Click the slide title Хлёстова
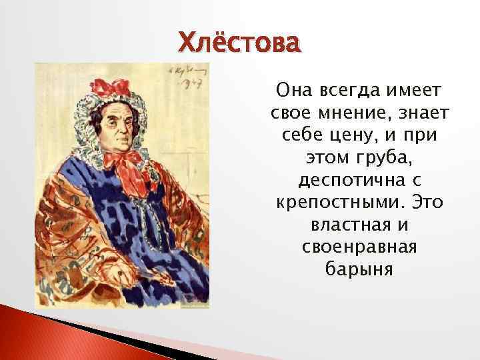239,44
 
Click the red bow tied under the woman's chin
131,165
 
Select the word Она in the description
291,90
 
